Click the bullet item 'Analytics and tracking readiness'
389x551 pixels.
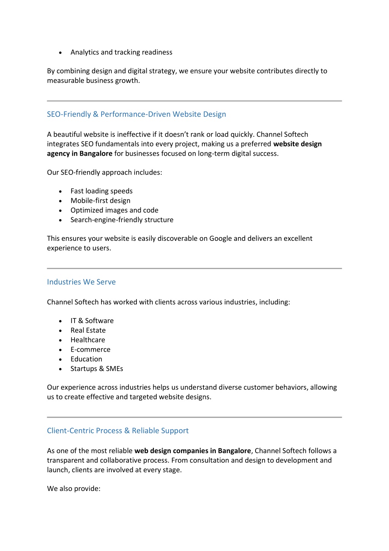pyautogui.click(x=121, y=52)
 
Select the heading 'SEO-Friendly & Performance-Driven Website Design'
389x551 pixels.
pyautogui.click(x=136, y=114)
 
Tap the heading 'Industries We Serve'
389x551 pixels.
pyautogui.click(x=81, y=282)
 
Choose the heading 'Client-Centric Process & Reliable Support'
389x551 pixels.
pyautogui.click(x=117, y=431)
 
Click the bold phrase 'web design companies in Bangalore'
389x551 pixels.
pyautogui.click(x=192, y=451)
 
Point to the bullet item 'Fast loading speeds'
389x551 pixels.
pyautogui.click(x=102, y=191)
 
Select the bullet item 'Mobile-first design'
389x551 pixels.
pyautogui.click(x=100, y=201)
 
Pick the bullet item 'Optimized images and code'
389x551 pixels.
pyautogui.click(x=114, y=210)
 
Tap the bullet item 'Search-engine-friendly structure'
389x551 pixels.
pyautogui.click(x=122, y=220)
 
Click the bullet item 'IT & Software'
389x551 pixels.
pyautogui.click(x=92, y=321)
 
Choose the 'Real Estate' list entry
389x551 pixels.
pyautogui.click(x=88, y=330)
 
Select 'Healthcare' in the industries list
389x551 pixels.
pyautogui.click(x=87, y=340)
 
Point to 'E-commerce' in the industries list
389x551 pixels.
pyautogui.click(x=90, y=349)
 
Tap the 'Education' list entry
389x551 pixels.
pyautogui.click(x=86, y=359)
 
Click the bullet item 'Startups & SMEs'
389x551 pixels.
pyautogui.click(x=97, y=369)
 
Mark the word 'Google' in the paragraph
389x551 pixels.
pyautogui.click(x=221, y=239)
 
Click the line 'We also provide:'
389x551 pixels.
pyautogui.click(x=73, y=489)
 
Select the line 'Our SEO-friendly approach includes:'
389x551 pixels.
pyautogui.click(x=104, y=172)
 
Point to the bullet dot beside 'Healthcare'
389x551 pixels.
pyautogui.click(x=60, y=340)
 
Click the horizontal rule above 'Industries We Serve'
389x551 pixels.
pyautogui.click(x=194, y=268)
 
